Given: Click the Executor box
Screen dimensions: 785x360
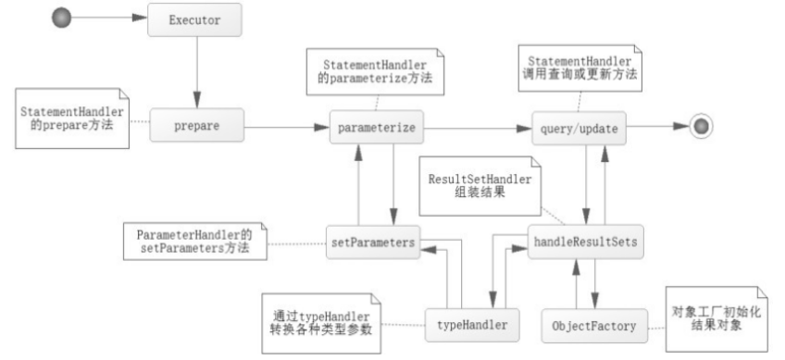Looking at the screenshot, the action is [194, 20].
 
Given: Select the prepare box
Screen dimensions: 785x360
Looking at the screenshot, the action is [197, 125].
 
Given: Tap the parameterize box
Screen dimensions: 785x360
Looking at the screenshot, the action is [377, 127].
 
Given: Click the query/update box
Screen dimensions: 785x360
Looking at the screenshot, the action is [579, 129].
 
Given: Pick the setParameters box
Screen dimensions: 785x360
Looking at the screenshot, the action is [373, 242].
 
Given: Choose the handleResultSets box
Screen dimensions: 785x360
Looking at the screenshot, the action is [586, 242].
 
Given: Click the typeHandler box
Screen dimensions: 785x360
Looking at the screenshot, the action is [472, 325].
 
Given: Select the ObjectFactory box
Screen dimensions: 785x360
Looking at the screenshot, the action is [594, 326].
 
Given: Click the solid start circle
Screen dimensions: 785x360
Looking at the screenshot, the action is [62, 18].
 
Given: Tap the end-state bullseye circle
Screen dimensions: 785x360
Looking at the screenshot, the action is [701, 126].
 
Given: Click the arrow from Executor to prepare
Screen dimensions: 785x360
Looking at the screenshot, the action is [197, 72].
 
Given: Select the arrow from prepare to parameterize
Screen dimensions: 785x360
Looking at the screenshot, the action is [287, 127].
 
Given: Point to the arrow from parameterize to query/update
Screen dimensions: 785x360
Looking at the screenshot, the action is [478, 129].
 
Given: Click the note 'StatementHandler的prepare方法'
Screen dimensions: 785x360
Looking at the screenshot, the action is [72, 118].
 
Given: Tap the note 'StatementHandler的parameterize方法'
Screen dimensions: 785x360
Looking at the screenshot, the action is [375, 71].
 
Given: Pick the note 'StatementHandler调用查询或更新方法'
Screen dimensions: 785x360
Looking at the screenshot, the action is [579, 68].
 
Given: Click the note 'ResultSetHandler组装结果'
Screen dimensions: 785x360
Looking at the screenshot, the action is [480, 186].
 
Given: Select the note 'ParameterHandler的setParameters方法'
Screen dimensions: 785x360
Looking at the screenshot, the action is [194, 242].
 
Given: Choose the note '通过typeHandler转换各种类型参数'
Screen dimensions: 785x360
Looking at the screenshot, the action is [321, 323].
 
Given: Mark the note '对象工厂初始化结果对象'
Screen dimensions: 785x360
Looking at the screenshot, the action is [716, 319].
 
